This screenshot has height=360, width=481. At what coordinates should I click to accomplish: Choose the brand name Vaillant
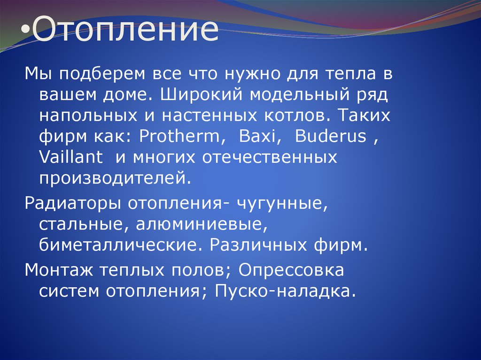(x=71, y=157)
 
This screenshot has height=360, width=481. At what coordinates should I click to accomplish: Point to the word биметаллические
(x=120, y=245)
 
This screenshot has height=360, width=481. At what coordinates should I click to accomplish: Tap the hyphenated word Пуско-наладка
(x=283, y=291)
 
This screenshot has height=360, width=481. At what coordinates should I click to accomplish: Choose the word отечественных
(x=270, y=157)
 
